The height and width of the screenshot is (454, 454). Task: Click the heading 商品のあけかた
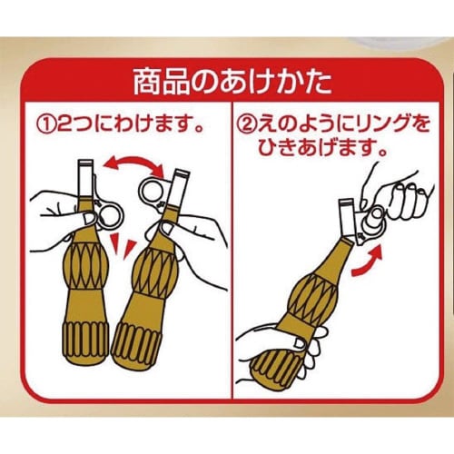(232, 83)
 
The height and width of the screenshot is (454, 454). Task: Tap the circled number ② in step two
(246, 125)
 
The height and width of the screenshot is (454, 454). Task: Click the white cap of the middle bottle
(177, 188)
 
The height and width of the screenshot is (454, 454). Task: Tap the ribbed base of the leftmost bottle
(86, 342)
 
